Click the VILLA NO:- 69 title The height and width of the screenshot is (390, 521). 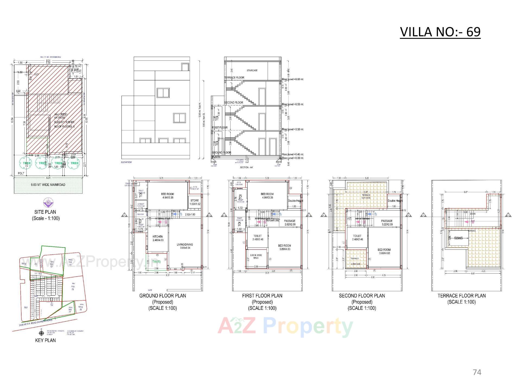[440, 32]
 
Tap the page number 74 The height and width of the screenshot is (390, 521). [477, 372]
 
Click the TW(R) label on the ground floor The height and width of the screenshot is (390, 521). [156, 262]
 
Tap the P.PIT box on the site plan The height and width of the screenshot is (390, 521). [75, 70]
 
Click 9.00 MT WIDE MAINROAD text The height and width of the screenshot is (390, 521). [48, 185]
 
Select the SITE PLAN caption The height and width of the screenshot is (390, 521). [45, 212]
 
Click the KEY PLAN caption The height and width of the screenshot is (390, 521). [45, 340]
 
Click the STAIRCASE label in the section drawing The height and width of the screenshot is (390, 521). [252, 70]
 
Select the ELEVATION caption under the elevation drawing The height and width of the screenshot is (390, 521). [126, 162]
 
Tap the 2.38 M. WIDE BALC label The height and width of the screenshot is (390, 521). [256, 256]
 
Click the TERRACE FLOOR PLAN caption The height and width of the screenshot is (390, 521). [462, 296]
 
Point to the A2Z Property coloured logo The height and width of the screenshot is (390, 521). [285, 327]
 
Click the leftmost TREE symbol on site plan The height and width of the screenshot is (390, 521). [27, 163]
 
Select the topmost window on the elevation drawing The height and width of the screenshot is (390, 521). [185, 67]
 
